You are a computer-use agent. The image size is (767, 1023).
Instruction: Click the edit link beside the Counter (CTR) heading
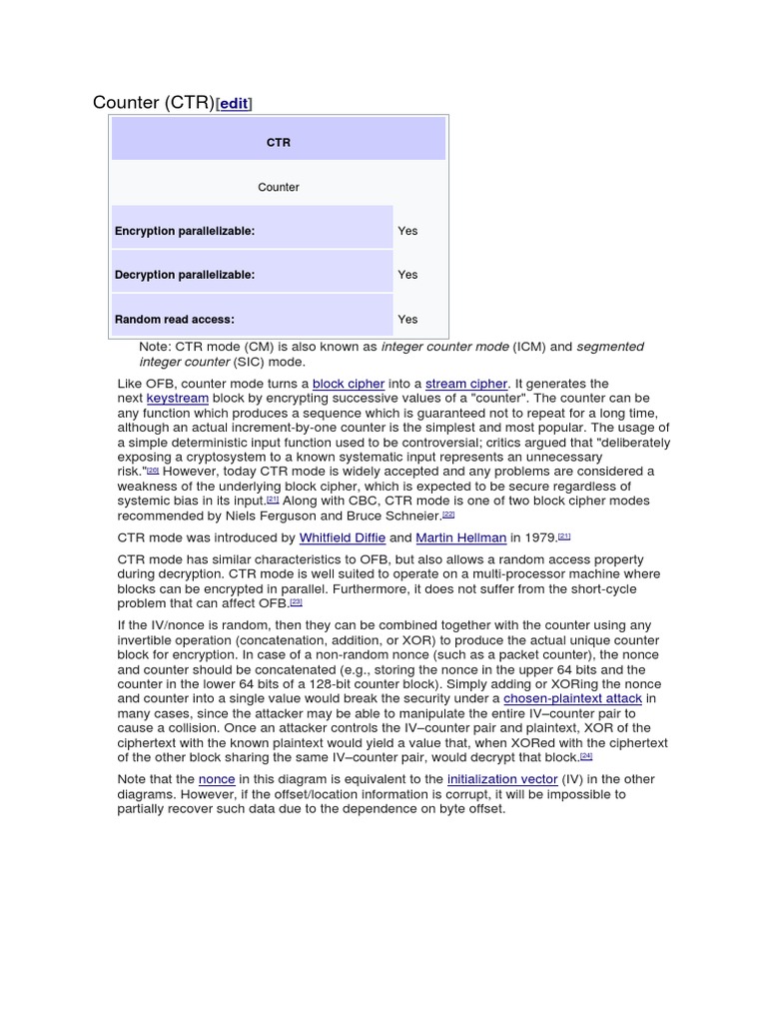pos(234,103)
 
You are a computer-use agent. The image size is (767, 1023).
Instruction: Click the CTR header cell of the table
pos(278,143)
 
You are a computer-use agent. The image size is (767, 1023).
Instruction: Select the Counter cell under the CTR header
pos(278,187)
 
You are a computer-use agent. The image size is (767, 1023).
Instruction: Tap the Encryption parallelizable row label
pos(185,231)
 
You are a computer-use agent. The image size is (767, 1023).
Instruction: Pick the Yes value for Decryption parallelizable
pos(407,275)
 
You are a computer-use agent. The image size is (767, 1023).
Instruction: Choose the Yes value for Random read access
pos(407,320)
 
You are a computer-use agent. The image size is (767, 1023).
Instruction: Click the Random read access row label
pos(175,320)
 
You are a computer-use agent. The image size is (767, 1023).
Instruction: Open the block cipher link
pos(349,384)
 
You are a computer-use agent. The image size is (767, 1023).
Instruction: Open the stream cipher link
pos(466,384)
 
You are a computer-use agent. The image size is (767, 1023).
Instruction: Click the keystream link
pos(178,398)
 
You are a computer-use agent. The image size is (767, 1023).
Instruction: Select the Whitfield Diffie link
pos(343,537)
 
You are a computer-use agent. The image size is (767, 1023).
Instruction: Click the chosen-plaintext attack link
pos(572,699)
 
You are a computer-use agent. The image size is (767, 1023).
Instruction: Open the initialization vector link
pos(502,779)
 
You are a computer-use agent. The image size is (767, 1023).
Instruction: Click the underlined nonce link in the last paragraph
pos(217,779)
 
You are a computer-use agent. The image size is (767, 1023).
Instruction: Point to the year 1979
pos(540,537)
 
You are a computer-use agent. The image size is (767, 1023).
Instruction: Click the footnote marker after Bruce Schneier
pos(448,514)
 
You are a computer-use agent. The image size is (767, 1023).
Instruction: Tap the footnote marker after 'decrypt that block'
pos(586,756)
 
